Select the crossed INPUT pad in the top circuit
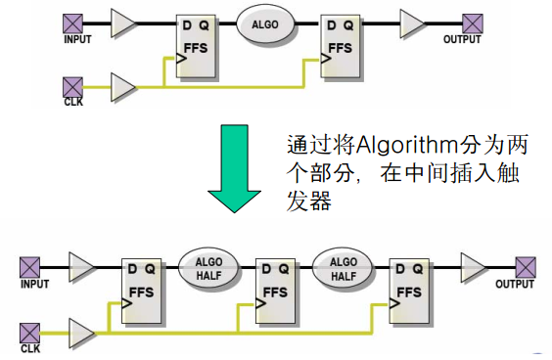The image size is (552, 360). (72, 22)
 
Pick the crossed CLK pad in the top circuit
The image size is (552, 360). (72, 86)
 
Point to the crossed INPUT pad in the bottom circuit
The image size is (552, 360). (29, 265)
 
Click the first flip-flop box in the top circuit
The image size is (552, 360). (197, 46)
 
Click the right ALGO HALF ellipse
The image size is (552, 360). (344, 268)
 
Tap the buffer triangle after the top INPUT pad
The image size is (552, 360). (125, 22)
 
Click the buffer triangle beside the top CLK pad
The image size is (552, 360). (125, 86)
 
